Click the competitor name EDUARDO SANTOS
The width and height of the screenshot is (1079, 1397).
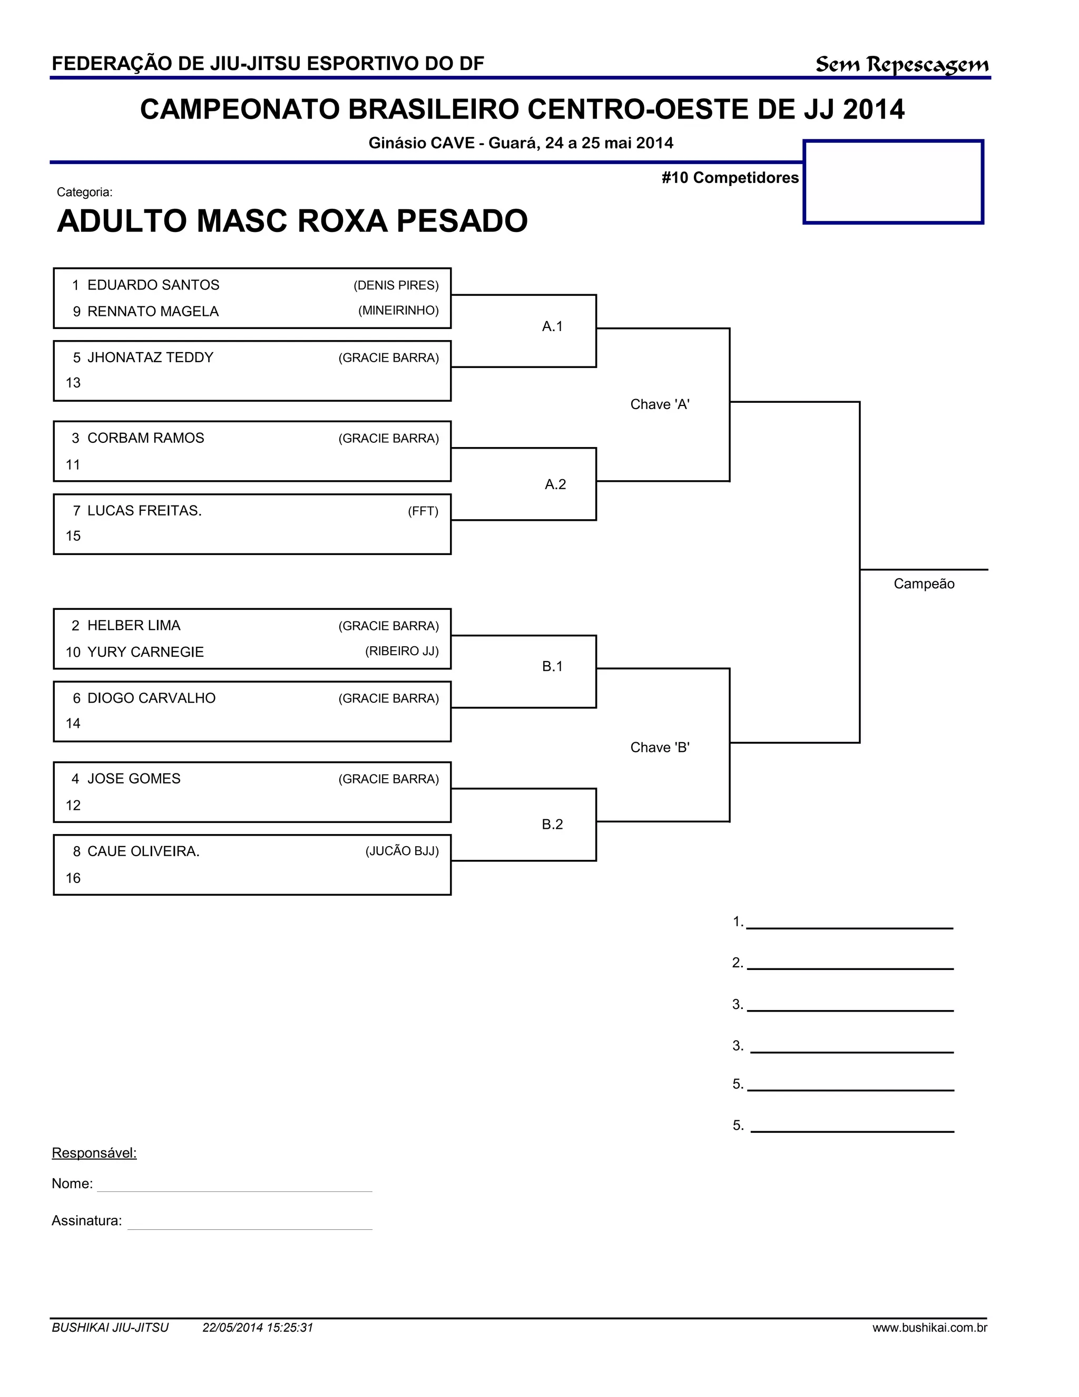[153, 285]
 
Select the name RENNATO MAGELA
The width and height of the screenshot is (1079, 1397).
[153, 312]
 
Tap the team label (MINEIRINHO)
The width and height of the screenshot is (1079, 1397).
[398, 311]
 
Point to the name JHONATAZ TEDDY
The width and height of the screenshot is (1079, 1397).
[150, 357]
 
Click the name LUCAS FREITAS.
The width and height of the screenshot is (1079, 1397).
[144, 510]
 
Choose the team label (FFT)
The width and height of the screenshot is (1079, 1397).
[423, 511]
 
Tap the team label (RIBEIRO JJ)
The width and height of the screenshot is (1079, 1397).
[402, 651]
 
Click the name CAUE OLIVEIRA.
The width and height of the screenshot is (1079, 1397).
[143, 851]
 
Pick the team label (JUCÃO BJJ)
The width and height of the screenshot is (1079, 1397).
[402, 851]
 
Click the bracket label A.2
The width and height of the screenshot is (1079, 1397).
[555, 485]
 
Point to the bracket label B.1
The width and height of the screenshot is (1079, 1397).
[552, 666]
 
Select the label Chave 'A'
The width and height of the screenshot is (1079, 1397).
[660, 404]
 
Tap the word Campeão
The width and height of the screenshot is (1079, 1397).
[924, 584]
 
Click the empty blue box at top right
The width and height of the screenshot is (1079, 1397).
[893, 182]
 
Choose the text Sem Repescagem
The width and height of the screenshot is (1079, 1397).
[902, 65]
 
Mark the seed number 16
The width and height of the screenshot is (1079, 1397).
[73, 878]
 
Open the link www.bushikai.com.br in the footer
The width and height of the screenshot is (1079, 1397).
[929, 1327]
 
